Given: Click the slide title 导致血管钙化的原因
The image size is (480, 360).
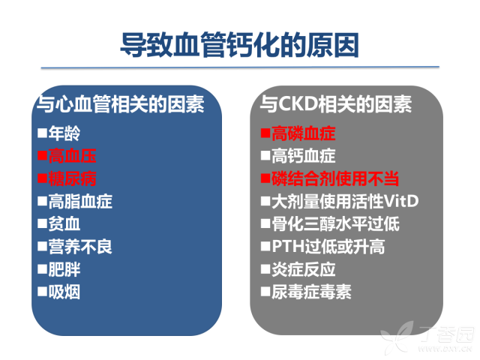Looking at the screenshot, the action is pyautogui.click(x=239, y=45).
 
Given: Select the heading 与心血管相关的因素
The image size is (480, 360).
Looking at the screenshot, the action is pyautogui.click(x=120, y=104).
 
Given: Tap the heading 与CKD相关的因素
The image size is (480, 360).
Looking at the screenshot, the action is pyautogui.click(x=336, y=104).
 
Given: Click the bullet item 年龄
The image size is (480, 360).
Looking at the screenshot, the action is pyautogui.click(x=64, y=133).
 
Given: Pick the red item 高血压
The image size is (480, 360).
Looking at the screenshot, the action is pyautogui.click(x=72, y=156).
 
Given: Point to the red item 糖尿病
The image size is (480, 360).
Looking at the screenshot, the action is pyautogui.click(x=72, y=178).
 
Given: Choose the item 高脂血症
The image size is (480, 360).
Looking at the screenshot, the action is pyautogui.click(x=80, y=201).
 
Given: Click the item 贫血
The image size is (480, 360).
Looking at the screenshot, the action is pyautogui.click(x=64, y=223).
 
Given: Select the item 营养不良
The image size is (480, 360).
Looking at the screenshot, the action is pyautogui.click(x=80, y=247).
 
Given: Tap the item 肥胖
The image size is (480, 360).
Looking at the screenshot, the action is pyautogui.click(x=64, y=269).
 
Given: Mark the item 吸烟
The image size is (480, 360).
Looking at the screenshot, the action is pyautogui.click(x=64, y=292).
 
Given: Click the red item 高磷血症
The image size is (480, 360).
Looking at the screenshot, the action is pyautogui.click(x=303, y=133).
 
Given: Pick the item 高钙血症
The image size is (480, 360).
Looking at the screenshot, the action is pyautogui.click(x=303, y=156).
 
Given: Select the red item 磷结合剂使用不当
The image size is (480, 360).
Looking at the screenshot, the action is pyautogui.click(x=335, y=178).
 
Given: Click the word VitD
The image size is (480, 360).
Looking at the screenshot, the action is pyautogui.click(x=401, y=201).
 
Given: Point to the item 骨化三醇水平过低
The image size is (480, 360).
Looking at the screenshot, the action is pyautogui.click(x=335, y=223).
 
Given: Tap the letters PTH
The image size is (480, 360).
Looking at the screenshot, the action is pyautogui.click(x=288, y=247).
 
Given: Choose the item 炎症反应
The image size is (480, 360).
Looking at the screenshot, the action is pyautogui.click(x=303, y=269).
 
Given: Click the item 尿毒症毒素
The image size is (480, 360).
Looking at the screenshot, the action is pyautogui.click(x=311, y=292).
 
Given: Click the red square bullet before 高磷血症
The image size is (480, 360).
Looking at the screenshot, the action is pyautogui.click(x=265, y=133).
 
